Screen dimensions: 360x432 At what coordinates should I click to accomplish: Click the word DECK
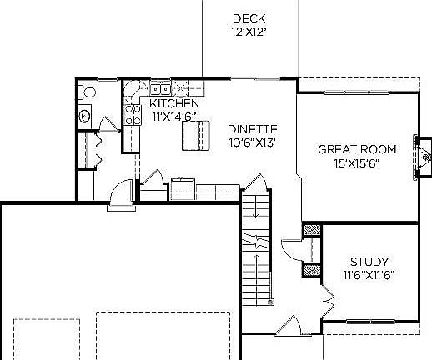point(249,18)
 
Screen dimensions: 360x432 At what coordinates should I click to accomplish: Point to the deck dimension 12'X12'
point(249,33)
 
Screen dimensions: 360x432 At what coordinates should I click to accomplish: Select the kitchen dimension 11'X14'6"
point(173,117)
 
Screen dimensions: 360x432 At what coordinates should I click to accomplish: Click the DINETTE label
point(252,129)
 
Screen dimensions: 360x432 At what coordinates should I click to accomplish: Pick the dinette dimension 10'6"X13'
point(252,142)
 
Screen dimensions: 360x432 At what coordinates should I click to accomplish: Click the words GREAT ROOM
point(357,150)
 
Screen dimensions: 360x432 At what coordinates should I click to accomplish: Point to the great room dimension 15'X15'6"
point(357,163)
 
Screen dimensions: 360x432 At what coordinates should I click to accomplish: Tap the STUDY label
point(369,261)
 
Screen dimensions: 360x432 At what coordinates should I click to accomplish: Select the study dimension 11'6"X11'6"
point(369,274)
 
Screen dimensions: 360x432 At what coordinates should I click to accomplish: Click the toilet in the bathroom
point(84,117)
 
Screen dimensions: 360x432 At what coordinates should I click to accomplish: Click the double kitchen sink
point(161,87)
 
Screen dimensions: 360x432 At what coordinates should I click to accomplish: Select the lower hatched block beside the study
point(313,269)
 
